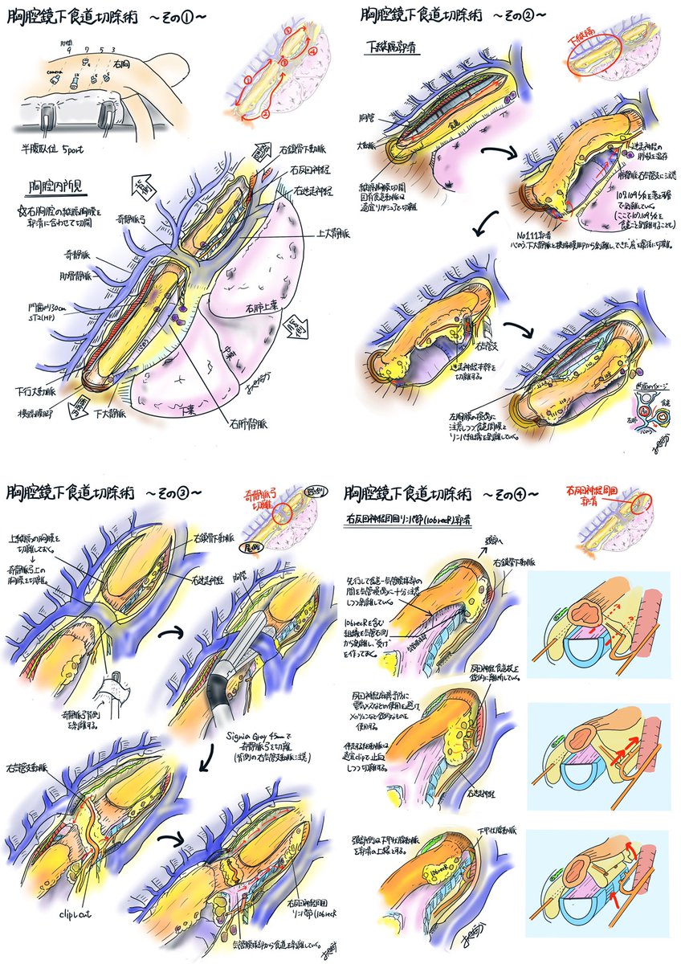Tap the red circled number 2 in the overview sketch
point(264,113)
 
